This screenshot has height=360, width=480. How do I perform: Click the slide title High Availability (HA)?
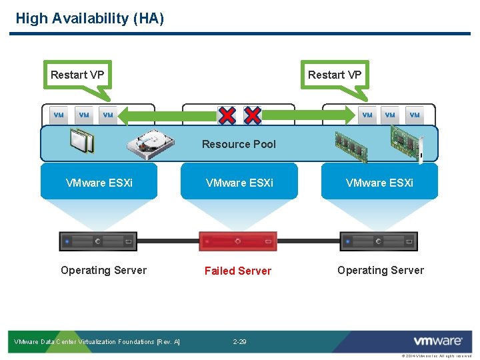[89, 18]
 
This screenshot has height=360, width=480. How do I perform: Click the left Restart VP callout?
[77, 75]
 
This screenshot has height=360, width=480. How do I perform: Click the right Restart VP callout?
[335, 75]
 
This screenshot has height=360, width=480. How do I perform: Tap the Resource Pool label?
[239, 144]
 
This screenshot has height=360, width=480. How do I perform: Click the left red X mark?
[227, 115]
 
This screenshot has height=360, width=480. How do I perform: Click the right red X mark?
[253, 115]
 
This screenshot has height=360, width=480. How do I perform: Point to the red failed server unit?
[238, 241]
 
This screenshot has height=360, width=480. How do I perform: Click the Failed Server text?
[238, 271]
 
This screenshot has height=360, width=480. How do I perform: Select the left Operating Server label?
[103, 270]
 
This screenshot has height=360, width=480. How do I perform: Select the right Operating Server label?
[380, 270]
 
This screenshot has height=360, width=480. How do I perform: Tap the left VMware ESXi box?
[99, 182]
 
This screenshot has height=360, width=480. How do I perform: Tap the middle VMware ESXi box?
[239, 182]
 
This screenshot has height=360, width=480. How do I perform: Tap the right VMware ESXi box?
[379, 182]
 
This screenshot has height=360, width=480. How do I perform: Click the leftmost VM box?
[59, 115]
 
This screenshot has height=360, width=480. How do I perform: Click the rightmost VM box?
[415, 115]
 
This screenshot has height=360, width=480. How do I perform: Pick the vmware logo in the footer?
[437, 341]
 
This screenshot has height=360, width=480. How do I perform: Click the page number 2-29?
[239, 342]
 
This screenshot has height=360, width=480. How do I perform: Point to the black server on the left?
[98, 241]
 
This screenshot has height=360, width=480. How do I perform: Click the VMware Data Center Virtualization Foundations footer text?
[97, 342]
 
